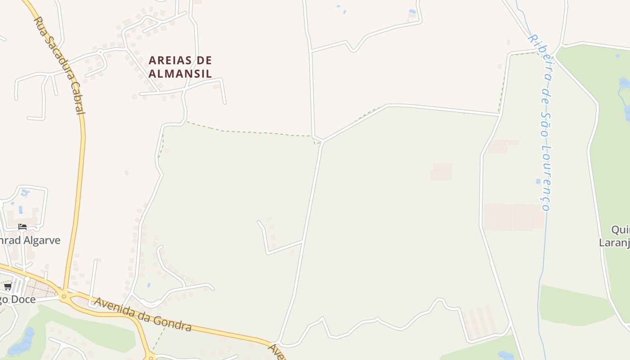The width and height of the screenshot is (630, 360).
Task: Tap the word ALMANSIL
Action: click(180, 73)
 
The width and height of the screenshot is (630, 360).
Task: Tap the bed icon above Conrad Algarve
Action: click(22, 227)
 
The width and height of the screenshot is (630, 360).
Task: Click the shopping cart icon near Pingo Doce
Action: click(8, 287)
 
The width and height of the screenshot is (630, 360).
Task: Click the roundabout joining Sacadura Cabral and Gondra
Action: click(64, 296)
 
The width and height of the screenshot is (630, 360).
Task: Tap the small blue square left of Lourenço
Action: click(538, 181)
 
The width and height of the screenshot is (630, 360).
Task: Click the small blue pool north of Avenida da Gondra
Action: click(148, 285)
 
